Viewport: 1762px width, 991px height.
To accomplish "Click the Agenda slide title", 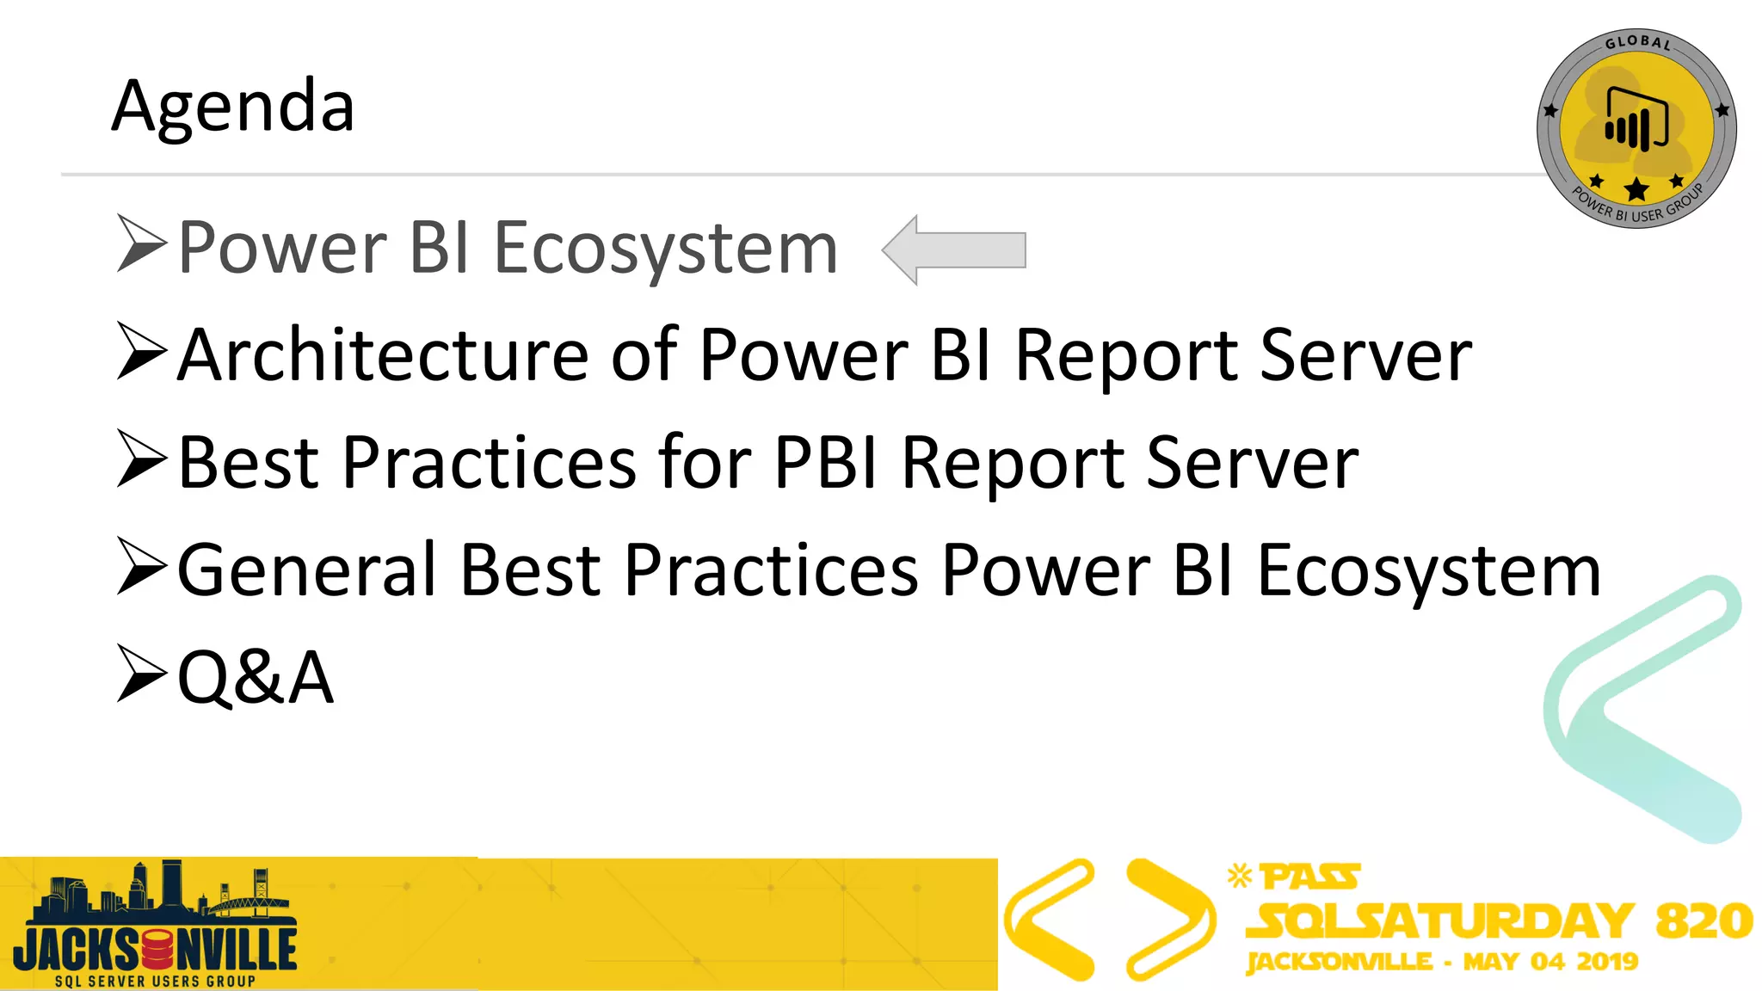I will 233,107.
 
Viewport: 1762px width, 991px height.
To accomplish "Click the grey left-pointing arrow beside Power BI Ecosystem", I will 954,249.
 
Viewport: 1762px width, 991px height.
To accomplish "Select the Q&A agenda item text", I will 256,678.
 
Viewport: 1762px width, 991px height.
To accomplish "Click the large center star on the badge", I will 1636,189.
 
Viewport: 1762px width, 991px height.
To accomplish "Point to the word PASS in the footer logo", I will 1309,877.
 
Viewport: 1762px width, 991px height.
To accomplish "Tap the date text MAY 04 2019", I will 1550,962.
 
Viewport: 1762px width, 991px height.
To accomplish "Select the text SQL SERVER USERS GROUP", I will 155,981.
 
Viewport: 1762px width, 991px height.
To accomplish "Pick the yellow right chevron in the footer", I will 1170,919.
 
